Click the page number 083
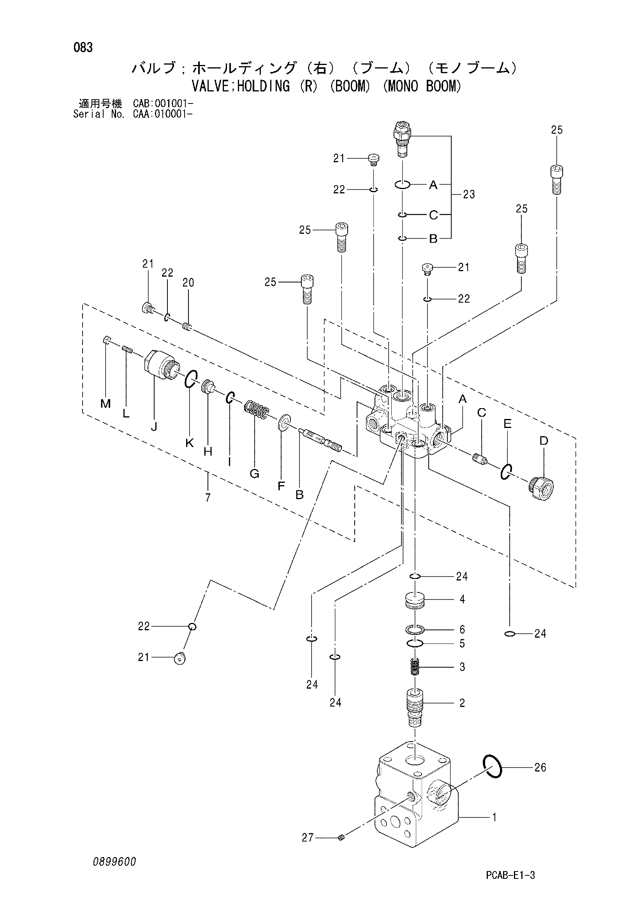[83, 47]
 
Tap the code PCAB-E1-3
[510, 875]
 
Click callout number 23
[469, 194]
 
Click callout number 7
[208, 498]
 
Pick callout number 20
[188, 282]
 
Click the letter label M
[106, 403]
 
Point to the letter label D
[544, 440]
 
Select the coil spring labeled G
[256, 409]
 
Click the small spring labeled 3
[415, 668]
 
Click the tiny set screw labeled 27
[342, 837]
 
